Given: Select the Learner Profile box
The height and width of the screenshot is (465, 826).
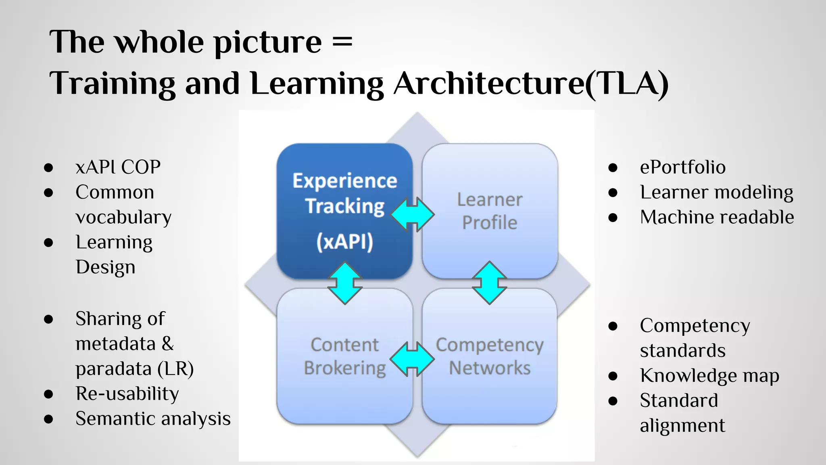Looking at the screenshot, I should (490, 211).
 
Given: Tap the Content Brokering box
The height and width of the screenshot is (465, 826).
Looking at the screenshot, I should (344, 356).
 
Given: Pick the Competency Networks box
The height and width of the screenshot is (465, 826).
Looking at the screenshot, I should (490, 356).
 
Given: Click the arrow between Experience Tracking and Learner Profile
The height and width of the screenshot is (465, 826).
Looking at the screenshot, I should (413, 214).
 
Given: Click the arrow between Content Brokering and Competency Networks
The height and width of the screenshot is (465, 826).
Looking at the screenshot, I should (412, 359).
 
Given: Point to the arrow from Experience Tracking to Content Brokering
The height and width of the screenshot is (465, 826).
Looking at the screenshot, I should (345, 283).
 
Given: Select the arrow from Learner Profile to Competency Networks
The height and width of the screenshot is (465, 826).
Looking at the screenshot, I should (489, 283).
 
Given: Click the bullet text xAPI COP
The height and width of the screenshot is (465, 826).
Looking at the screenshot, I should (118, 167).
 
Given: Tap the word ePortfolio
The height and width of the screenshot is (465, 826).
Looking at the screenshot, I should (682, 167).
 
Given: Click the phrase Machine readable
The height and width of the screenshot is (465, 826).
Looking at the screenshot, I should (717, 217).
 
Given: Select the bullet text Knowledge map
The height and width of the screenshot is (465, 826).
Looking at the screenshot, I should (709, 375).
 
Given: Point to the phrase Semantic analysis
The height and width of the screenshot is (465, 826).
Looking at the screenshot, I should (153, 419).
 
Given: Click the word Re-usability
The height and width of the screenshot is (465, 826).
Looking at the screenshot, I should (127, 394).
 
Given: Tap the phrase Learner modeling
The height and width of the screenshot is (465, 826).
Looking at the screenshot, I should (716, 192).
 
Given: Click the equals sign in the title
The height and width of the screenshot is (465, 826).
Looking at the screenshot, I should (342, 42).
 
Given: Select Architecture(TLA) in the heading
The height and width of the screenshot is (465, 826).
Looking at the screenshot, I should (531, 84).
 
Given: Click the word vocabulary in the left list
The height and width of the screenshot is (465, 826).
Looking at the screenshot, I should (123, 217).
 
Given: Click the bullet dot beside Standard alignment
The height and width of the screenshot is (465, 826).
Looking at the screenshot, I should (613, 401).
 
